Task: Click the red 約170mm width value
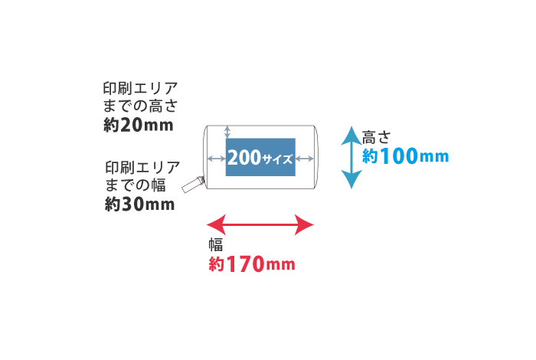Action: (x=252, y=265)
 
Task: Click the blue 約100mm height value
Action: (x=405, y=156)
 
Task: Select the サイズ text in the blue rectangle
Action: (x=277, y=160)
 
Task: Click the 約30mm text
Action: (x=139, y=204)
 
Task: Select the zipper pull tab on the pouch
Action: (x=191, y=185)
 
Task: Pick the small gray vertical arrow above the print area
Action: (x=227, y=133)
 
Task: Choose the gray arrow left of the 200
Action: (x=216, y=159)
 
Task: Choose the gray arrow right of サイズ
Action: (x=305, y=159)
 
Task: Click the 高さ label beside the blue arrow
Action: (x=377, y=138)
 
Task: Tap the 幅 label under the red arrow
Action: (x=216, y=245)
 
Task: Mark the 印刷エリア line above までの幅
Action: (x=142, y=167)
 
